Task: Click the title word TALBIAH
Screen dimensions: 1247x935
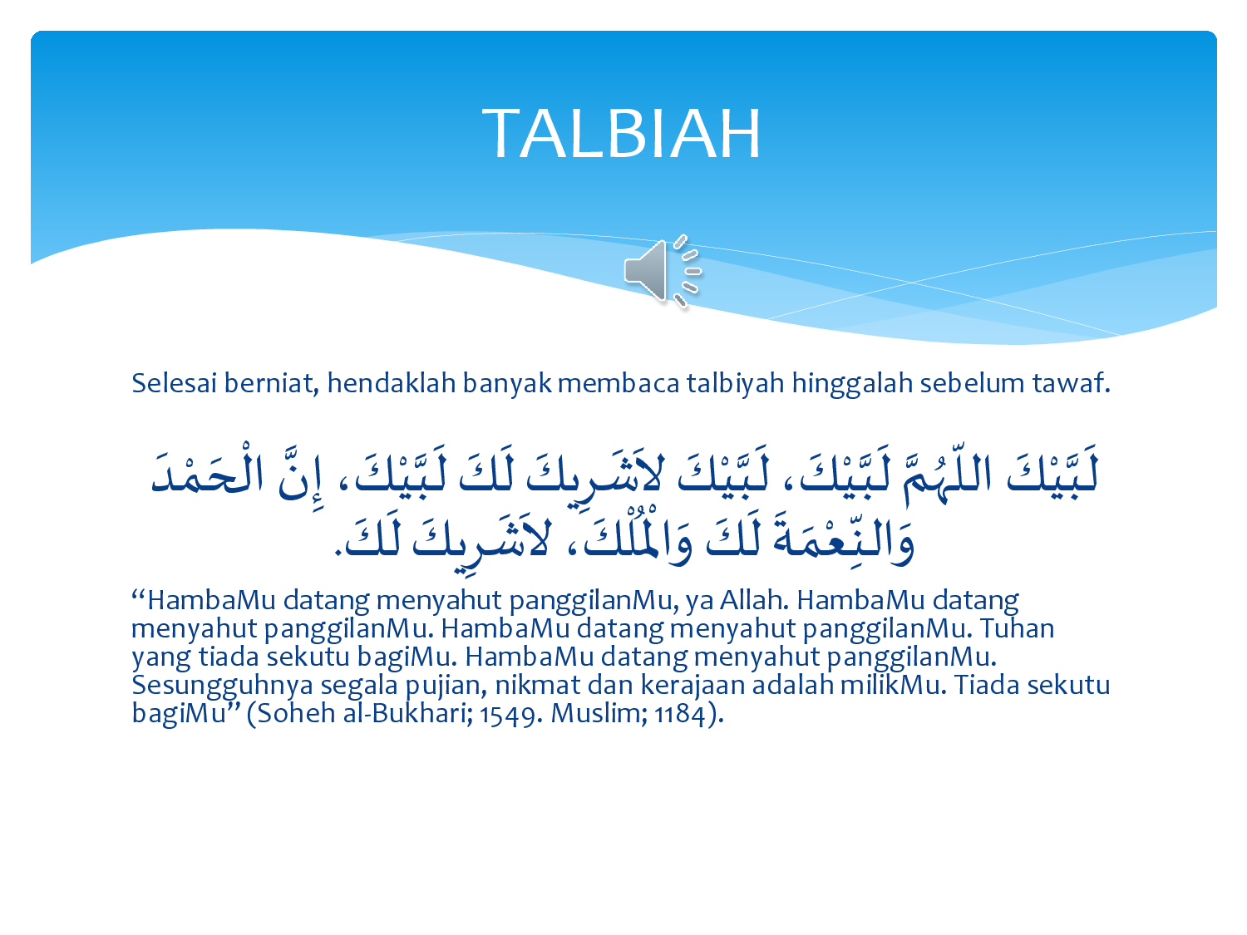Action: (621, 134)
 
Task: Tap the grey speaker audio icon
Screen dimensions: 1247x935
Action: (663, 272)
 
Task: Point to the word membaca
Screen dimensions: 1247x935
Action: (619, 383)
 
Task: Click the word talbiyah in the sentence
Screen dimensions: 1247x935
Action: (735, 384)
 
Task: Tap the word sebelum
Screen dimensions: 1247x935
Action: (972, 383)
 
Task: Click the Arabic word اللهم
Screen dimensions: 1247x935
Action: (949, 475)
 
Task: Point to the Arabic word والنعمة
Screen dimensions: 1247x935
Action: (843, 539)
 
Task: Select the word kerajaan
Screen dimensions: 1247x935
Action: (693, 686)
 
